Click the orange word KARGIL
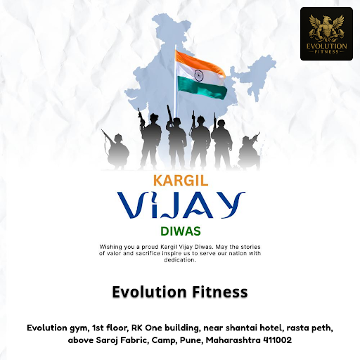pyautogui.click(x=181, y=181)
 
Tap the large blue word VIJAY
pyautogui.click(x=181, y=205)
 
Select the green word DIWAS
pyautogui.click(x=181, y=231)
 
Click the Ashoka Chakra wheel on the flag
pyautogui.click(x=199, y=75)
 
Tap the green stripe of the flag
pyautogui.click(x=202, y=89)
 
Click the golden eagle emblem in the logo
pyautogui.click(x=326, y=28)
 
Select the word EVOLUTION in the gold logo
pyautogui.click(x=326, y=46)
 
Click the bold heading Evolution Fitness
pyautogui.click(x=180, y=292)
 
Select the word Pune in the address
pyautogui.click(x=191, y=340)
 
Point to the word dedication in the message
pyautogui.click(x=180, y=259)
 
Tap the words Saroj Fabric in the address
pyautogui.click(x=122, y=340)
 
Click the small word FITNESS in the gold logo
pyautogui.click(x=327, y=51)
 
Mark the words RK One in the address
pyautogui.click(x=147, y=328)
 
